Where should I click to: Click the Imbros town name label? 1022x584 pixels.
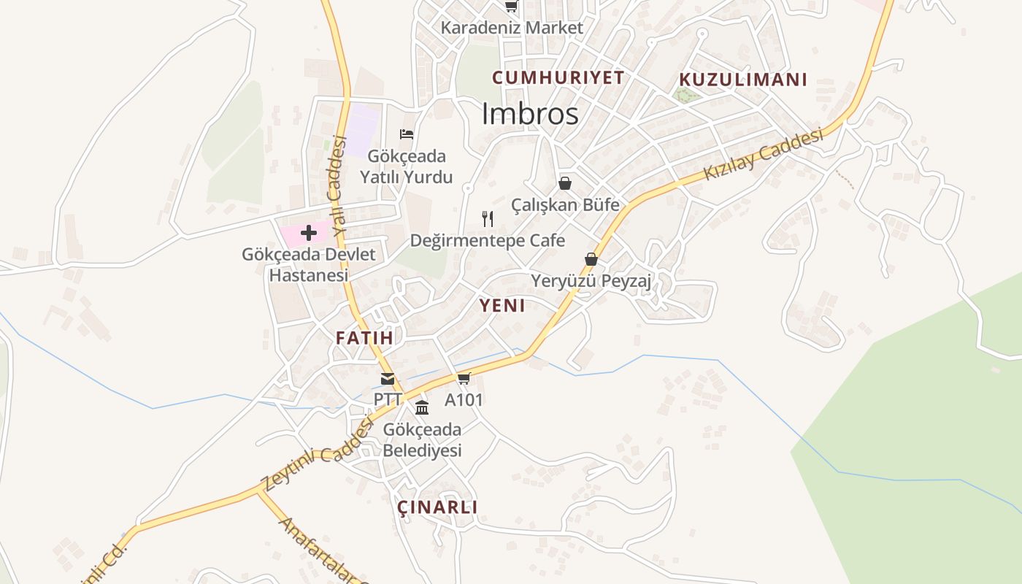click(x=530, y=114)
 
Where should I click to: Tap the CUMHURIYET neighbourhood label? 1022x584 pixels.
click(x=558, y=77)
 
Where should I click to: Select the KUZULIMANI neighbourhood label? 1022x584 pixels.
click(x=742, y=80)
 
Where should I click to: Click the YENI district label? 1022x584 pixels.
click(x=502, y=305)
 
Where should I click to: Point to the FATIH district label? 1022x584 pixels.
click(x=364, y=337)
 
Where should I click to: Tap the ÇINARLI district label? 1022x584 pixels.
click(x=437, y=507)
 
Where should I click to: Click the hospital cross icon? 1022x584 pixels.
click(x=308, y=233)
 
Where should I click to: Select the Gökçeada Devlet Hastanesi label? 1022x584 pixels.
click(x=309, y=265)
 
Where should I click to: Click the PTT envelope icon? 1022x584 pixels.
click(x=388, y=379)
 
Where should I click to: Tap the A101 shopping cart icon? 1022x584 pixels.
click(x=464, y=378)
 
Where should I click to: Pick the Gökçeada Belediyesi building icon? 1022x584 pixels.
click(x=422, y=407)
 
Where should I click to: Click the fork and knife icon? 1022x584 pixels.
click(x=488, y=218)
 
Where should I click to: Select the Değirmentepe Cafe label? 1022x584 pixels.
click(x=488, y=240)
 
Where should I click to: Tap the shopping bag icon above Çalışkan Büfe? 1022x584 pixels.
click(x=565, y=182)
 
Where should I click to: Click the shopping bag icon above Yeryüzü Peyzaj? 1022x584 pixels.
click(x=591, y=259)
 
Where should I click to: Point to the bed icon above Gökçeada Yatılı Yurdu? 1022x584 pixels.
click(x=407, y=134)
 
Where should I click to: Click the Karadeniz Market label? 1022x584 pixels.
click(x=512, y=28)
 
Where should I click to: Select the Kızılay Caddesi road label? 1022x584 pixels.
click(x=764, y=154)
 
